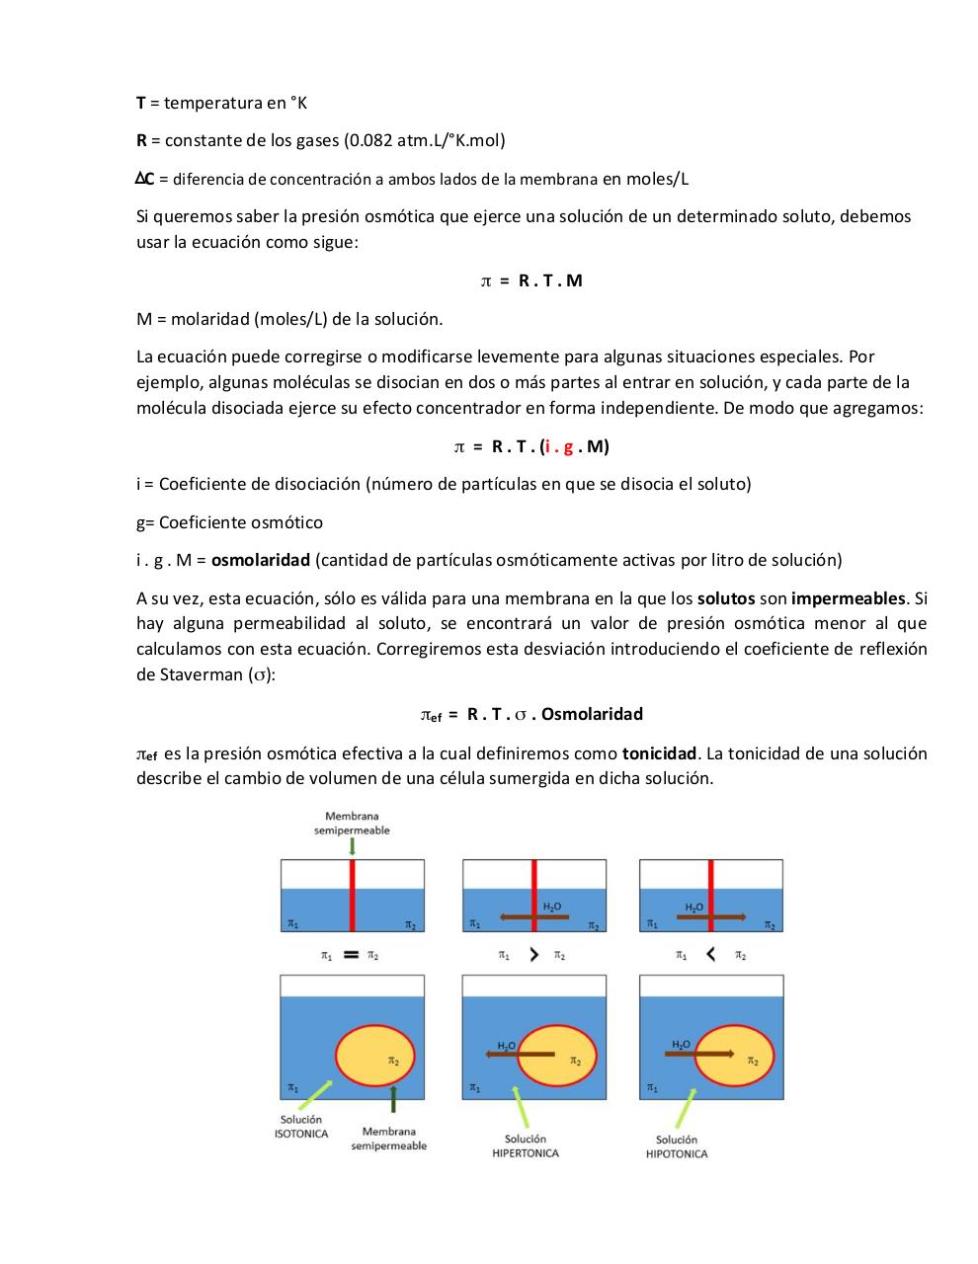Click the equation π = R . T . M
click(x=531, y=280)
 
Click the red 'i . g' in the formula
click(x=560, y=446)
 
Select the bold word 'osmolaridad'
click(x=261, y=560)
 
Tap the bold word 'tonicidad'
click(x=659, y=753)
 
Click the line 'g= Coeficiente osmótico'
click(x=229, y=522)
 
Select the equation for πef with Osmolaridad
click(x=531, y=714)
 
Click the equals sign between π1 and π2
click(x=350, y=955)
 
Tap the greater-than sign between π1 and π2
click(x=533, y=955)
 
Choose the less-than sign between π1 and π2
click(x=710, y=955)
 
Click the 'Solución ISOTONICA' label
click(x=300, y=1127)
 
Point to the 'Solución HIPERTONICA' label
click(x=525, y=1146)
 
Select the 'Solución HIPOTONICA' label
click(x=677, y=1146)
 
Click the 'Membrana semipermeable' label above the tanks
click(x=352, y=823)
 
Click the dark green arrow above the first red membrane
click(x=352, y=846)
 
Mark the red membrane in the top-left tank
click(x=352, y=895)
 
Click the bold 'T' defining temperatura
click(x=141, y=103)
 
